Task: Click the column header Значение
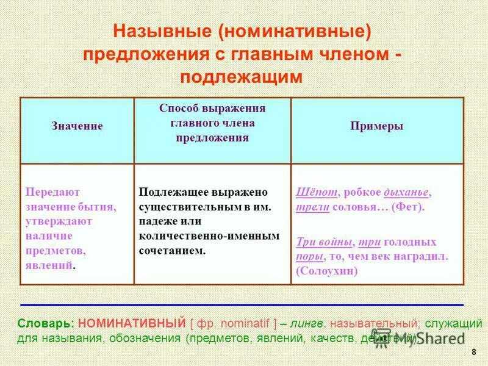pyautogui.click(x=77, y=126)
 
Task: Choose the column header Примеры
pyautogui.click(x=376, y=126)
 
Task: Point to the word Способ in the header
pyautogui.click(x=178, y=108)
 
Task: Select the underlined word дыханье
pyautogui.click(x=406, y=192)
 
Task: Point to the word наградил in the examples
pyautogui.click(x=421, y=256)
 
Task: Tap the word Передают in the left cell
pyautogui.click(x=52, y=192)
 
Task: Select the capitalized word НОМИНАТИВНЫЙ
pyautogui.click(x=131, y=323)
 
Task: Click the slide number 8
pyautogui.click(x=474, y=353)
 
